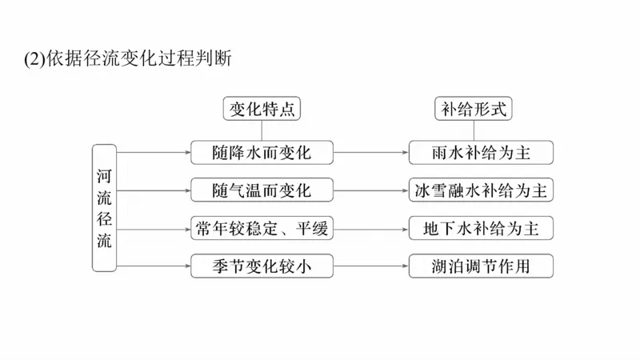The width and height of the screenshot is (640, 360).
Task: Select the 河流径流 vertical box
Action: point(105,208)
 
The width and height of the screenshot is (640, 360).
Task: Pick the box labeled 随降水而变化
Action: point(262,151)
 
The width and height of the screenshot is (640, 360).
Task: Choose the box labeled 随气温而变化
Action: point(262,190)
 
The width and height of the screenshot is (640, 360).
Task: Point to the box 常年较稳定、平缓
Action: point(262,229)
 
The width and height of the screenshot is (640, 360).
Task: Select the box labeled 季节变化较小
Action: point(262,267)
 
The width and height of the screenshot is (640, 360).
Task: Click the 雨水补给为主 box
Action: point(481,151)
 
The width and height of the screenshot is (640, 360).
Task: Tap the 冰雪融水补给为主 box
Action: point(481,190)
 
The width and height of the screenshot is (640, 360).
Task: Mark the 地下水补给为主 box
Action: point(481,229)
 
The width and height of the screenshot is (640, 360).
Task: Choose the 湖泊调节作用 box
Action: point(481,267)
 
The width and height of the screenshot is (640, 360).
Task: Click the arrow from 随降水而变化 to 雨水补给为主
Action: point(370,151)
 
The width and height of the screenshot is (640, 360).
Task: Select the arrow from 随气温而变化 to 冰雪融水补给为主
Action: point(370,190)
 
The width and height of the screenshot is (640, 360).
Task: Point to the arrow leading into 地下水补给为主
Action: point(370,229)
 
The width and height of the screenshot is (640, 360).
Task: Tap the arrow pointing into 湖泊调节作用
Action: point(370,267)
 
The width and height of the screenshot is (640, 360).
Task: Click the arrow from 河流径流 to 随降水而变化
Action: point(154,151)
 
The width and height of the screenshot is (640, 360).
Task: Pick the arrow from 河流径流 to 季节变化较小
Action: point(154,267)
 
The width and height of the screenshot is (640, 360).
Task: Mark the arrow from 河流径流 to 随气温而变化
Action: point(154,190)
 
